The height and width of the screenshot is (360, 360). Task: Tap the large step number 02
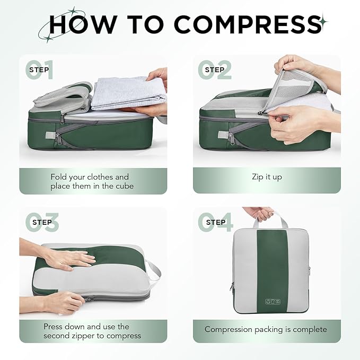point(215,70)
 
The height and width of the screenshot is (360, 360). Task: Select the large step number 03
point(41,223)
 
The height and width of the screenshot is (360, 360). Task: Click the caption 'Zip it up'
point(267,177)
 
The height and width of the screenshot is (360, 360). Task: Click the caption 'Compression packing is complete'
point(266,329)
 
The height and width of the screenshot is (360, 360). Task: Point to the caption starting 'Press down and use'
point(92,331)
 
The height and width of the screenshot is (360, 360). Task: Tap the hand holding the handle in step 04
point(260,213)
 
